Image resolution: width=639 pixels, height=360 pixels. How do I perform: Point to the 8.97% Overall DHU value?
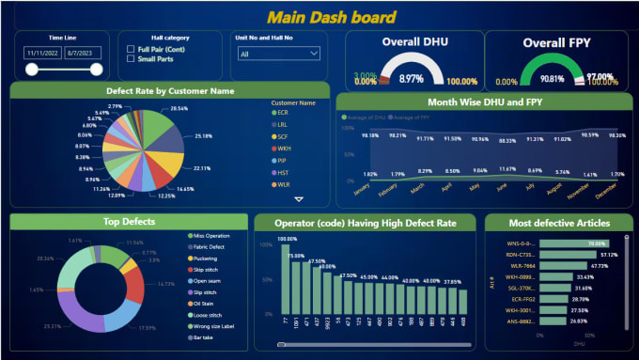(x=412, y=78)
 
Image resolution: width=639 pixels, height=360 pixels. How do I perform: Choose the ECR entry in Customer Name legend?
(x=282, y=112)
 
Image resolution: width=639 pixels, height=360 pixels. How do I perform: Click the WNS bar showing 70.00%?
(x=573, y=243)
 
